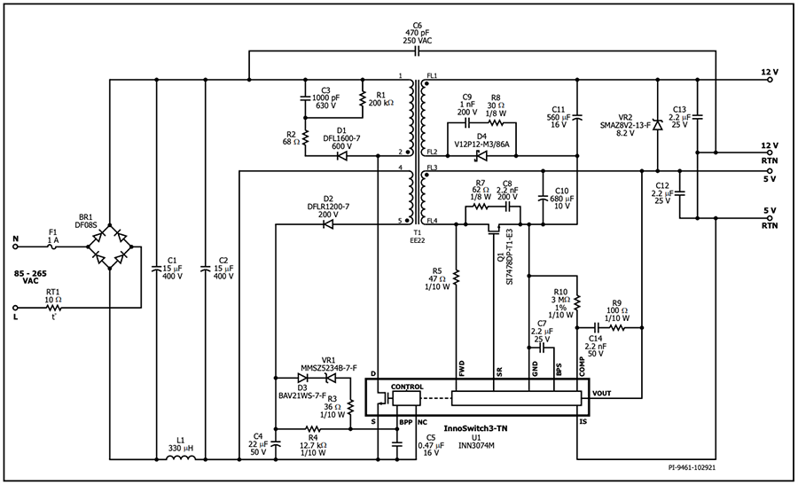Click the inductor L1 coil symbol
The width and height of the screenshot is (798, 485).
183,459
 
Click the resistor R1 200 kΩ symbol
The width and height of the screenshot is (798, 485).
363,100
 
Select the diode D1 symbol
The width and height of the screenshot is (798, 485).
341,155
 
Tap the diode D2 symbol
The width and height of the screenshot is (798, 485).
328,224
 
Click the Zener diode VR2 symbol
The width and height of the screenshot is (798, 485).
656,124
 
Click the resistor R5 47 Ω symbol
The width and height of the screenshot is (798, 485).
456,278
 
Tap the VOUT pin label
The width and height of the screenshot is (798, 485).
601,393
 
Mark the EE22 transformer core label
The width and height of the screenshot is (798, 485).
417,239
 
